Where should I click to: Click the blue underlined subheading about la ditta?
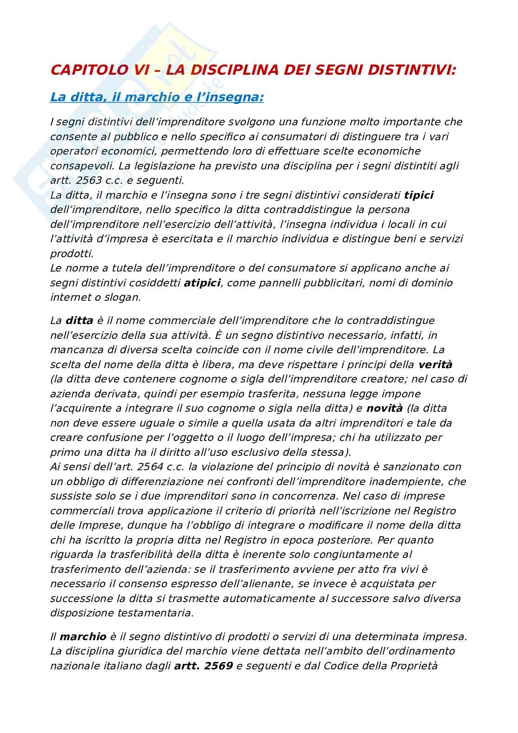pyautogui.click(x=157, y=97)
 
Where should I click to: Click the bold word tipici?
pyautogui.click(x=419, y=195)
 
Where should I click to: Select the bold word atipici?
pyautogui.click(x=202, y=283)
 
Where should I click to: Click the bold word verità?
pyautogui.click(x=435, y=364)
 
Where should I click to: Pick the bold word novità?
pyautogui.click(x=385, y=409)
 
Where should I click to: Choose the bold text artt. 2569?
pyautogui.click(x=203, y=666)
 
